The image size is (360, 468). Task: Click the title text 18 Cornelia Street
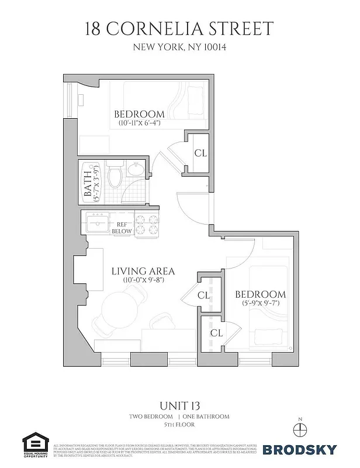180,28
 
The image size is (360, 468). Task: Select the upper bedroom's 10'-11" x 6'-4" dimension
139,123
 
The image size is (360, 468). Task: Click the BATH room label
88,183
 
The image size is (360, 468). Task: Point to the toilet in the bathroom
116,174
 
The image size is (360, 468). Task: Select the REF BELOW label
122,228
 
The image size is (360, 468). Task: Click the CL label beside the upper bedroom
200,153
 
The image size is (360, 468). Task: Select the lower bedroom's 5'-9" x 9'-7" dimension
261,304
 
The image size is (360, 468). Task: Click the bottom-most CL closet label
216,333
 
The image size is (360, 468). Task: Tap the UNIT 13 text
179,405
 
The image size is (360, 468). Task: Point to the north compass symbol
301,429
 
